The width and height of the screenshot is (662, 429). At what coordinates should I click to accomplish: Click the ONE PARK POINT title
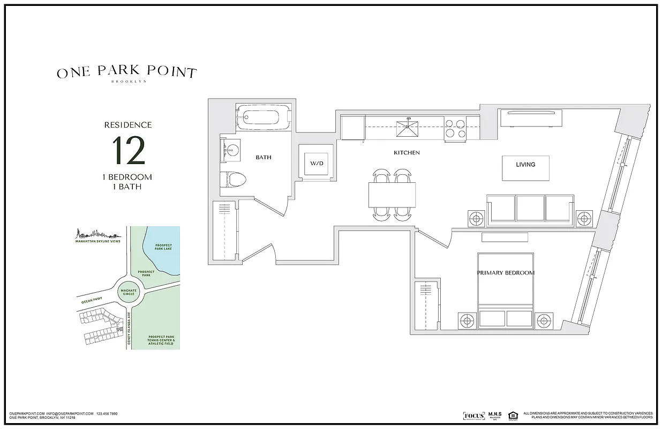point(126,73)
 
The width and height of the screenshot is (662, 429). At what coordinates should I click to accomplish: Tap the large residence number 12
point(129,152)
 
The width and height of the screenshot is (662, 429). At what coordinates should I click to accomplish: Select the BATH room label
point(263,158)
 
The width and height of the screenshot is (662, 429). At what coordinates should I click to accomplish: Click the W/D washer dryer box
point(315,162)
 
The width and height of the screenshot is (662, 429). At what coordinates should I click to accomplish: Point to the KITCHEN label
point(407,153)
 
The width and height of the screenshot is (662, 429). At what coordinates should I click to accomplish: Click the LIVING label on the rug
point(525,165)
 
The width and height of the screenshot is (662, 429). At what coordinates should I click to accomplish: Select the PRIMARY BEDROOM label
point(506,273)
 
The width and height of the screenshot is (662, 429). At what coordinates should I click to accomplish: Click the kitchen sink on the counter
point(409,128)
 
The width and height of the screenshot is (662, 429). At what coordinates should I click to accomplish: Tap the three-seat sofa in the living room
point(530,210)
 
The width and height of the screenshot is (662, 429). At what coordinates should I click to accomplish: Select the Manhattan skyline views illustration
point(97,235)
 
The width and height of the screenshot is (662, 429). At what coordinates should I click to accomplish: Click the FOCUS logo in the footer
point(474,416)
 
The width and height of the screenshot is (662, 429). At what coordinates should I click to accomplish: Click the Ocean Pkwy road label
point(92,301)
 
